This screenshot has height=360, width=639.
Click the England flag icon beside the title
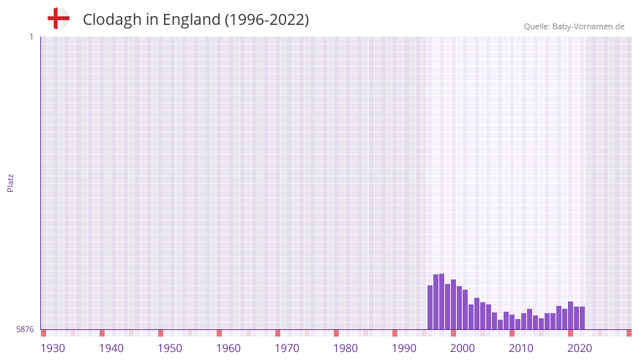tap(58, 19)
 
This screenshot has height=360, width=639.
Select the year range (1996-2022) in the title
tap(266, 20)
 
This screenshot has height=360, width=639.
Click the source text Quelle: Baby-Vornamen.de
tap(574, 26)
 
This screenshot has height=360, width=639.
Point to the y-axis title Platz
tap(10, 182)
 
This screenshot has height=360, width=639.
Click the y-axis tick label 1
tap(31, 37)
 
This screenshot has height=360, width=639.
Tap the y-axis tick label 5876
tap(25, 330)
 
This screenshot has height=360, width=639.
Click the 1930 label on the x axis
tap(53, 348)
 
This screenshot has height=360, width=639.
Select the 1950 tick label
tap(170, 348)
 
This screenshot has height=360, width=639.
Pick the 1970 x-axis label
tap(287, 348)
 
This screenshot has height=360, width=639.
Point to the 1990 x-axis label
tap(404, 348)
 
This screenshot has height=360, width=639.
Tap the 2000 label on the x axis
tap(463, 348)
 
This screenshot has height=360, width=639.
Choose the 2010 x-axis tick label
tap(521, 348)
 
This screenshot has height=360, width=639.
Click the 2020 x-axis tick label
tap(580, 348)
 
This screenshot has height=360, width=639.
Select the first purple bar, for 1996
tap(430, 307)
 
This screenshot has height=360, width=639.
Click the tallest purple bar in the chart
tap(442, 301)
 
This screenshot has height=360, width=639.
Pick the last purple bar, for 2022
tap(583, 318)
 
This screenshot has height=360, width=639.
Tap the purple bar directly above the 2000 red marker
tap(454, 304)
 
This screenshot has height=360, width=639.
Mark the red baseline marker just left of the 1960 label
tap(219, 333)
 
